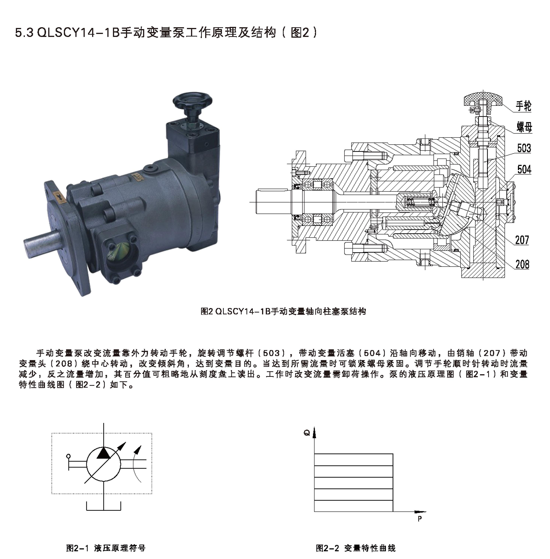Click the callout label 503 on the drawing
[x=524, y=148]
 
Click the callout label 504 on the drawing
[x=524, y=169]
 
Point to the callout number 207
[x=522, y=240]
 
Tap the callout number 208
[x=522, y=264]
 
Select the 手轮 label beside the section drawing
[x=523, y=106]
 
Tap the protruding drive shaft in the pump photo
[x=41, y=239]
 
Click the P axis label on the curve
[x=420, y=519]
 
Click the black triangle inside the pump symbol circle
[x=103, y=453]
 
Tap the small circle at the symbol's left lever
[x=68, y=456]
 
